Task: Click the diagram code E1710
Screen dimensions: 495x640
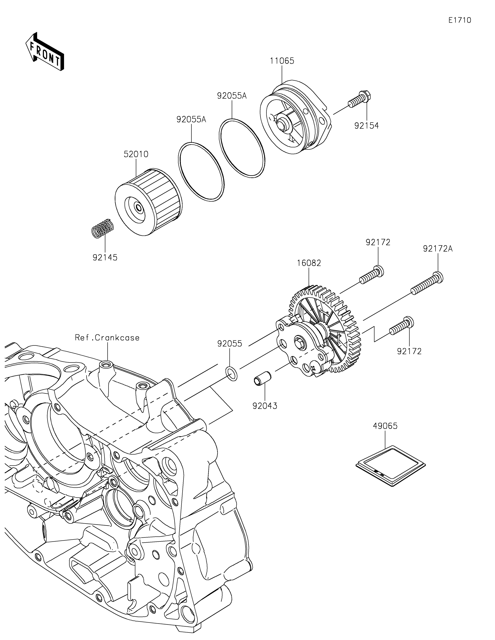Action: coord(460,20)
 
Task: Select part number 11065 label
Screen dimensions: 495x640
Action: coord(282,61)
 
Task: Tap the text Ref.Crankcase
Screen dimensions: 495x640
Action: coord(107,338)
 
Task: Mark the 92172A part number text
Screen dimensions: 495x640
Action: coord(438,249)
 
